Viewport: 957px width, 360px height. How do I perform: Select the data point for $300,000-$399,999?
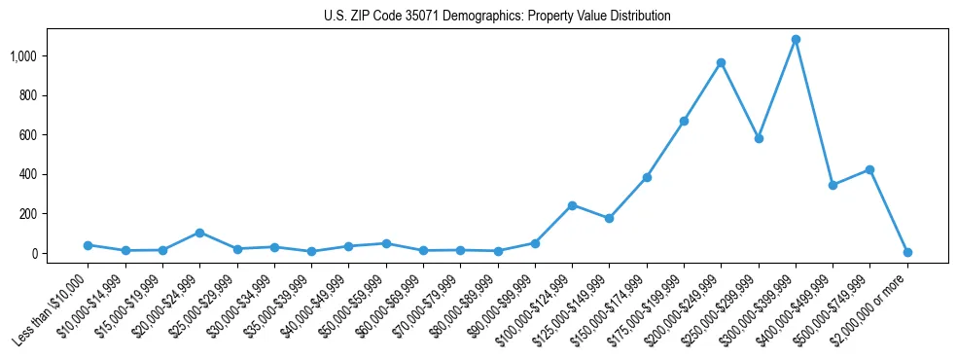point(796,40)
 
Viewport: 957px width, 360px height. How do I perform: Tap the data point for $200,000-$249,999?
point(721,63)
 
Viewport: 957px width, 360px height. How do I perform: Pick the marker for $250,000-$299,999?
point(759,138)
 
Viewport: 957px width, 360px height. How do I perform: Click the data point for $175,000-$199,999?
point(684,122)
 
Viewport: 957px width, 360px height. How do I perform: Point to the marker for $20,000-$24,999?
point(199,233)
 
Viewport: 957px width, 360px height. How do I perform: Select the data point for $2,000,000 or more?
point(907,252)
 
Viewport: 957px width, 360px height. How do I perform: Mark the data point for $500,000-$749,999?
point(869,169)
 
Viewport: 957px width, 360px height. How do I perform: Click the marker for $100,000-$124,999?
point(572,205)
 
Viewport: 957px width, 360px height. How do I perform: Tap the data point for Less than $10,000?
point(88,245)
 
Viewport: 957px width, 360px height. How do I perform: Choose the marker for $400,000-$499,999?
point(833,185)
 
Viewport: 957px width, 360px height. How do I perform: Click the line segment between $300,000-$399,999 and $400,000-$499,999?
point(814,112)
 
